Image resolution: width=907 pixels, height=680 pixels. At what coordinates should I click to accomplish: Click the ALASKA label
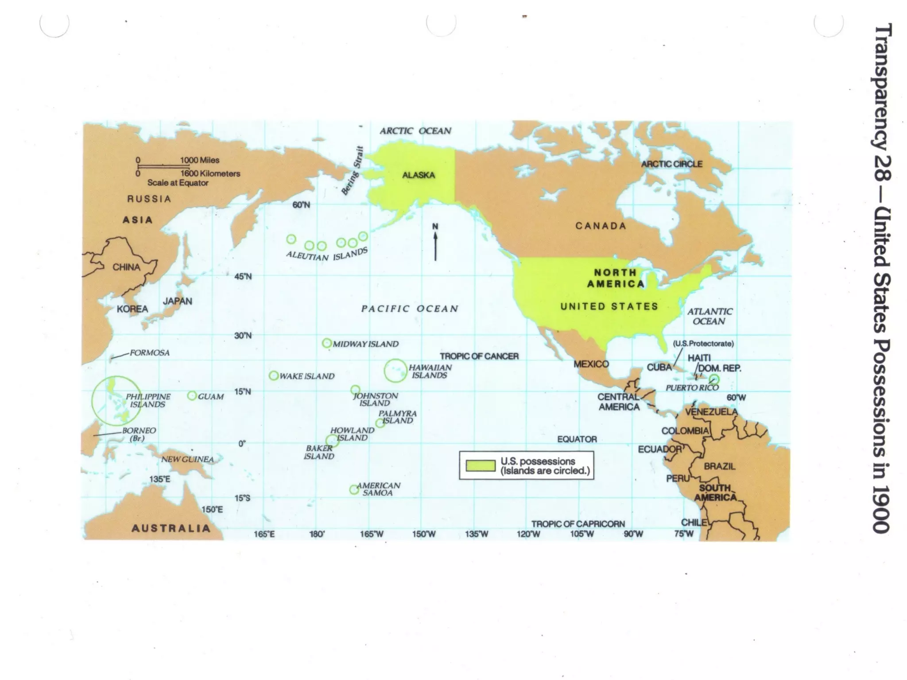tap(418, 175)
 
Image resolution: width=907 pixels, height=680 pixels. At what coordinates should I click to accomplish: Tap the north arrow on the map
tap(435, 243)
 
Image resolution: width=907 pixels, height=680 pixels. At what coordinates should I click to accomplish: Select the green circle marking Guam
tap(192, 396)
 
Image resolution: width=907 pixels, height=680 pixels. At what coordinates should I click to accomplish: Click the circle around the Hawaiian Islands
tap(395, 370)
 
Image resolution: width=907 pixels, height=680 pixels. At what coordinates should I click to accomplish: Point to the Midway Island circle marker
tap(327, 343)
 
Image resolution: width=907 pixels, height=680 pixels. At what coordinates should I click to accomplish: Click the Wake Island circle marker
tap(274, 376)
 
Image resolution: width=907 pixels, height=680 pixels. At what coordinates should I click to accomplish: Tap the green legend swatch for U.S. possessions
tap(480, 465)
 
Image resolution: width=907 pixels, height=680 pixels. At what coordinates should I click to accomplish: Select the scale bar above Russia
tap(163, 166)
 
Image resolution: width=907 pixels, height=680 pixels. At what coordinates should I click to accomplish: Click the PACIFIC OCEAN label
tap(410, 309)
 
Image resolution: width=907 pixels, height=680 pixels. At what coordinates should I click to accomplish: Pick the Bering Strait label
tap(353, 170)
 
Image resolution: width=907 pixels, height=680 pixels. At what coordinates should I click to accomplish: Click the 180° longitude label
tap(317, 534)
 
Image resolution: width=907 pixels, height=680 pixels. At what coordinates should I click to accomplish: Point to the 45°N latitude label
tap(243, 277)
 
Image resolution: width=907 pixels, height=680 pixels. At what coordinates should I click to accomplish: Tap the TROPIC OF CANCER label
tap(479, 356)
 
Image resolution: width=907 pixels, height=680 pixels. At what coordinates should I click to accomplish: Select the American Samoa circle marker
tap(354, 490)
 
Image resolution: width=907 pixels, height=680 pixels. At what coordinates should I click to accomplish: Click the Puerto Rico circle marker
tap(713, 379)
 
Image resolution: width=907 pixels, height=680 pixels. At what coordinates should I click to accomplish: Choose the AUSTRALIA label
tap(171, 528)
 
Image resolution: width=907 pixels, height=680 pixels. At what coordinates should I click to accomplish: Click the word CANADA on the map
tap(601, 226)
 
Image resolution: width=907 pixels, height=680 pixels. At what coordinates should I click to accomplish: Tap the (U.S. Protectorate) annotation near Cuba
tap(703, 344)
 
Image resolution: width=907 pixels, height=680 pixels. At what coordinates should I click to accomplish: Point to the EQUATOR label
tap(577, 439)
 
